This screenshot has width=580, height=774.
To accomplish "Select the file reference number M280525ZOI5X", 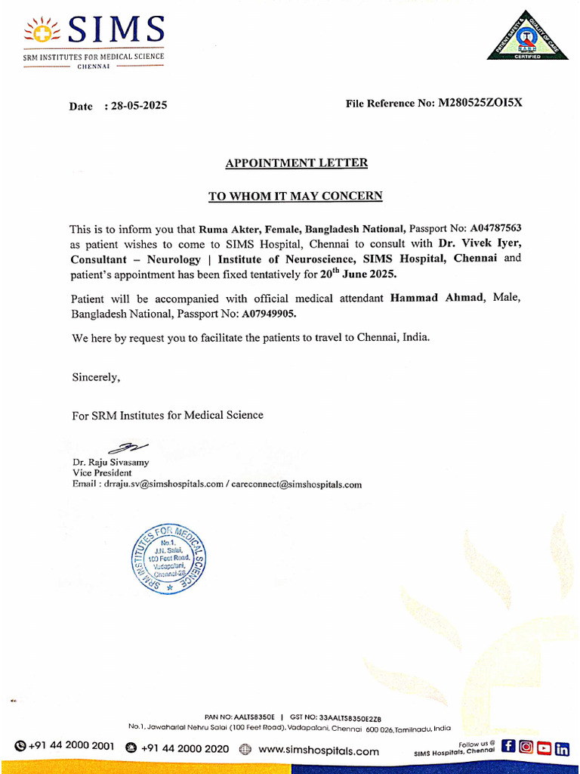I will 480,103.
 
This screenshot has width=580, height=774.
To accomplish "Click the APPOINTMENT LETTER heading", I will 296,163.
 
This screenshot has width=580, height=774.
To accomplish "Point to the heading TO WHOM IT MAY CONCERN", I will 295,197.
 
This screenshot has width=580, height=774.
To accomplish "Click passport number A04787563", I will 496,228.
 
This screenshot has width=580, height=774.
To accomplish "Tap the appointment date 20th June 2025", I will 357,274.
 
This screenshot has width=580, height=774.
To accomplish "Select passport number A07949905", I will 269,313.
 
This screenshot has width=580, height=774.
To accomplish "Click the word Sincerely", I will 95,376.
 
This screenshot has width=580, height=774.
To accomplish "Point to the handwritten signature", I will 129,448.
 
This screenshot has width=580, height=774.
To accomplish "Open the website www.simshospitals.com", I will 318,751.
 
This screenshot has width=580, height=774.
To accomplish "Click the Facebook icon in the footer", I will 508,748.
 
